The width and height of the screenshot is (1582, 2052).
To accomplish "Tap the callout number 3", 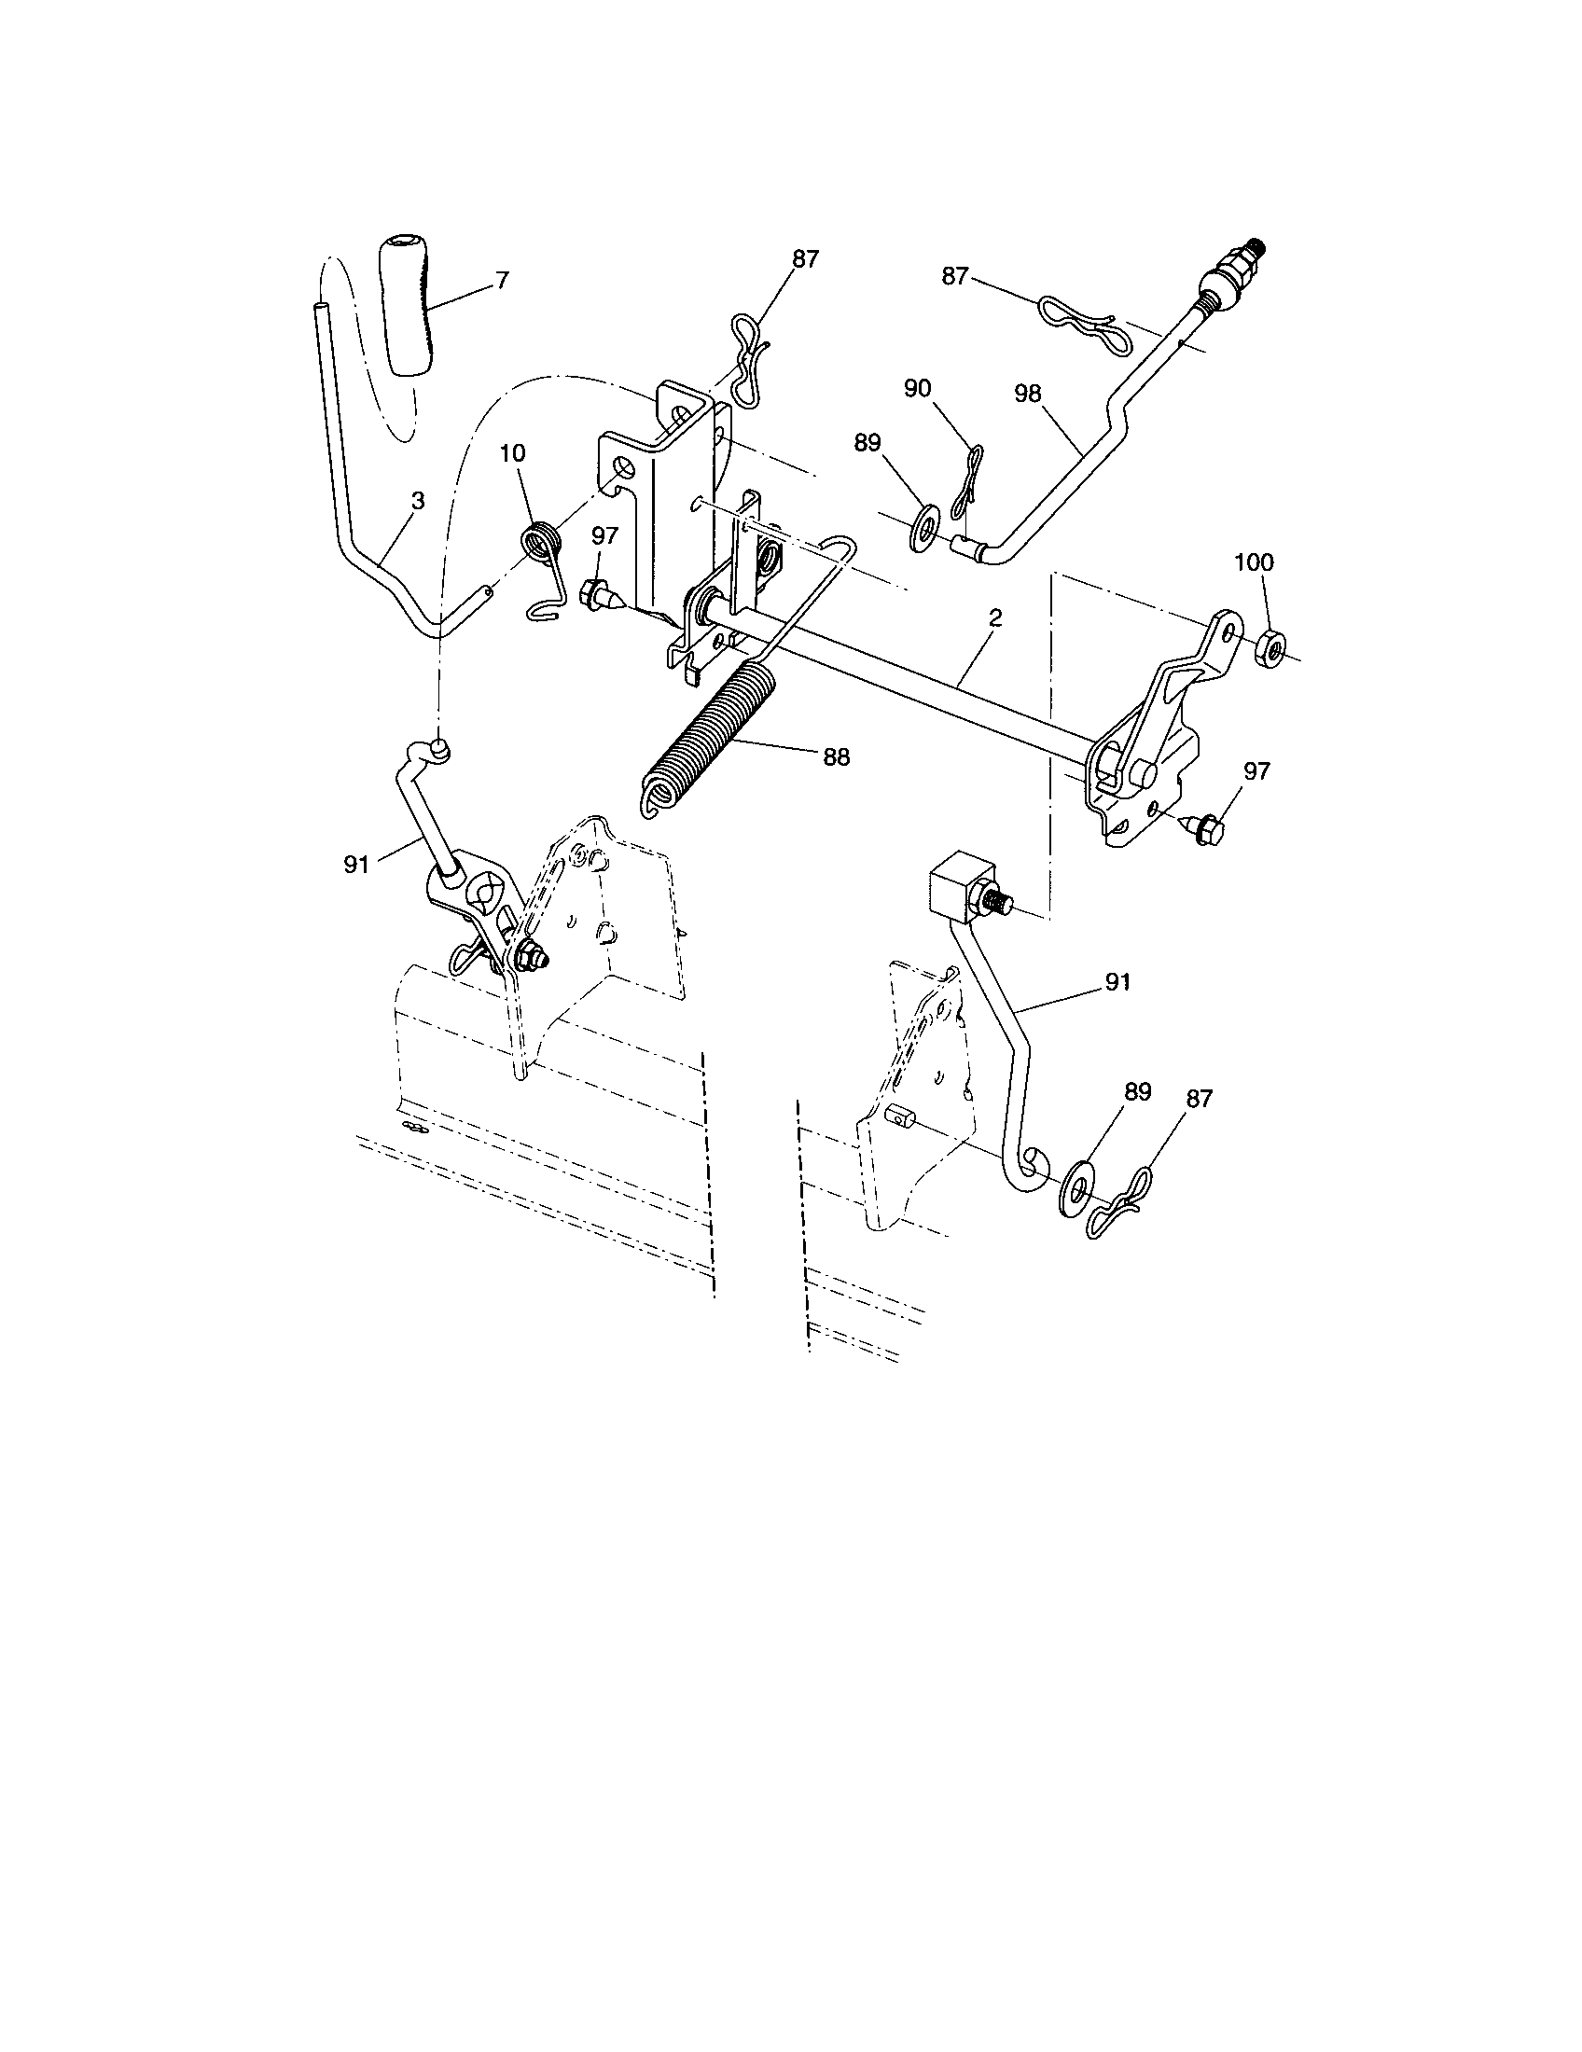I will [x=418, y=502].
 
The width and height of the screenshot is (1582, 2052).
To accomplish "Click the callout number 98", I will [x=1028, y=394].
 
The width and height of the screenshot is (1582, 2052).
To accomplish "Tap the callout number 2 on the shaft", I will [x=995, y=617].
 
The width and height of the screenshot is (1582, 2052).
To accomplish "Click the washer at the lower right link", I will [x=1075, y=1192].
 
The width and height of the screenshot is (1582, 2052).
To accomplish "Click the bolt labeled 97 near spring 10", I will [x=599, y=594].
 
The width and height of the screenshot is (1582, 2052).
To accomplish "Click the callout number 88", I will [x=836, y=757].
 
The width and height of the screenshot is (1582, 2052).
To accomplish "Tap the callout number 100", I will [x=1254, y=562].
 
